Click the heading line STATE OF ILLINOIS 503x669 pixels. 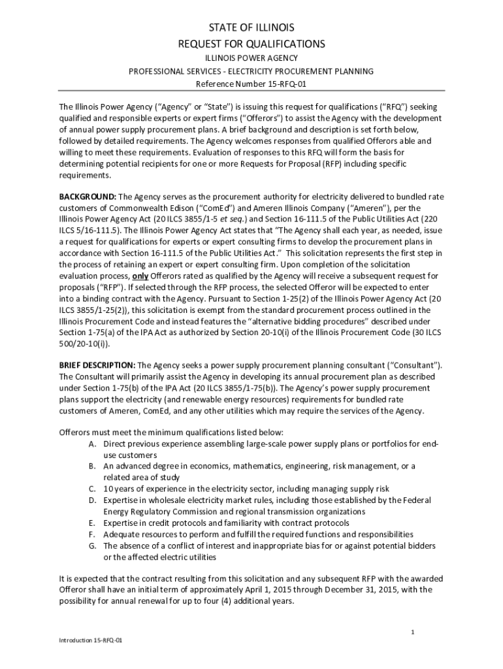click(x=252, y=27)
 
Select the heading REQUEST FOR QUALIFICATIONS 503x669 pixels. click(x=252, y=44)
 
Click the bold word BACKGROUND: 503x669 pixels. click(x=88, y=196)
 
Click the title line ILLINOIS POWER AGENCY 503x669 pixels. click(x=252, y=57)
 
